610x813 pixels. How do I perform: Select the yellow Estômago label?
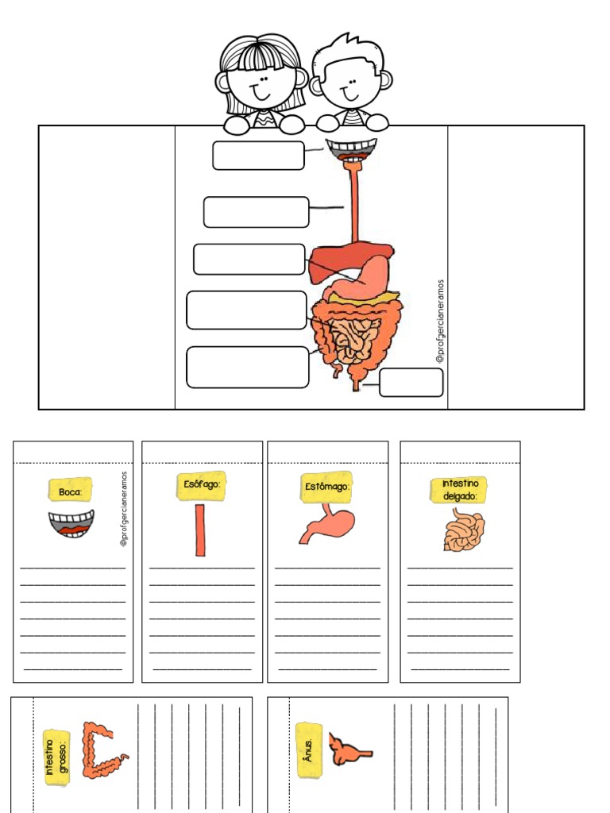326,486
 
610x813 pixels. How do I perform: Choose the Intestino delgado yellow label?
459,490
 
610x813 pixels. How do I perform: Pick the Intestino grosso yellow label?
56,757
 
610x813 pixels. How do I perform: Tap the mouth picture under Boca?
71,524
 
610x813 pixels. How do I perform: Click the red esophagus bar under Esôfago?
200,530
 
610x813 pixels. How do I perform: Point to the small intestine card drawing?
463,530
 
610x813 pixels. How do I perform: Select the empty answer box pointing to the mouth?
258,156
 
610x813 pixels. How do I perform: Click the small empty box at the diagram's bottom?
411,383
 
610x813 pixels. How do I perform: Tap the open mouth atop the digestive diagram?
351,148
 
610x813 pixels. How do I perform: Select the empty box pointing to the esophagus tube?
256,212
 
